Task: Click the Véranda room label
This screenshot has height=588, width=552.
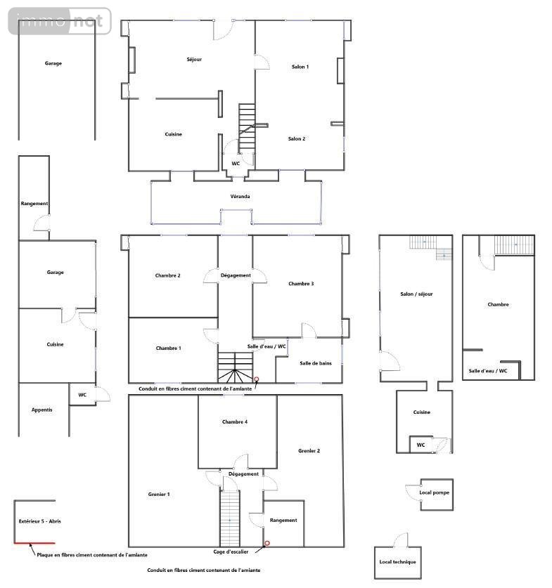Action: [240, 196]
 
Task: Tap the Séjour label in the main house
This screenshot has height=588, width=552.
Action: [194, 59]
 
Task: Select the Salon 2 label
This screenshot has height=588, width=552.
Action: [297, 139]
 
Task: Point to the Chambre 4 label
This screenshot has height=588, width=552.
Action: [235, 422]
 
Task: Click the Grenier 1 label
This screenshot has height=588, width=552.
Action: [159, 495]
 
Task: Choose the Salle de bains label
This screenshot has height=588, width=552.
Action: [316, 363]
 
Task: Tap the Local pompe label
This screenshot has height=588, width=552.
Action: [434, 492]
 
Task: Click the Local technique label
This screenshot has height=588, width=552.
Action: [397, 562]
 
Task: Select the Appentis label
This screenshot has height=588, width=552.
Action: [41, 410]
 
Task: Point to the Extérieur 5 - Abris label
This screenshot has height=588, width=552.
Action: [40, 521]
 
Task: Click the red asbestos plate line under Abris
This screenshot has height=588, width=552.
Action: [34, 542]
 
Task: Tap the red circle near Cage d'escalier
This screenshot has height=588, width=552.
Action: [267, 543]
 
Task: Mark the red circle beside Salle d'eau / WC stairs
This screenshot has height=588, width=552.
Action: [256, 379]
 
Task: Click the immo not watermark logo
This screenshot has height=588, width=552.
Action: [60, 21]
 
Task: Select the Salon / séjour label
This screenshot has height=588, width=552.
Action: [416, 294]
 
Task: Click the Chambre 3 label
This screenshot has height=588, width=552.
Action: [301, 284]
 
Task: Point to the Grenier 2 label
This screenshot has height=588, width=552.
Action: [309, 451]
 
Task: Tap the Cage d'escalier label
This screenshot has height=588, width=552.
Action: [231, 552]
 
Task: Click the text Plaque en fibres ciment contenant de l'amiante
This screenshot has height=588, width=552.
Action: [92, 555]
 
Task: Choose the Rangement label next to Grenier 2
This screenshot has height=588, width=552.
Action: [283, 521]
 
